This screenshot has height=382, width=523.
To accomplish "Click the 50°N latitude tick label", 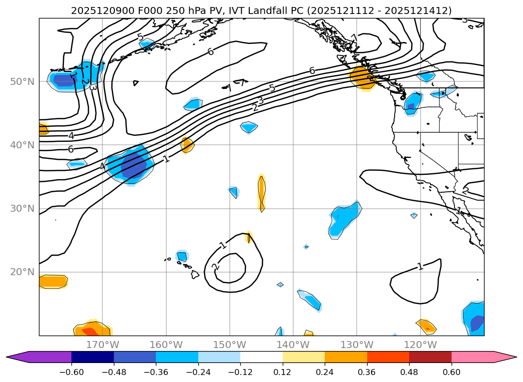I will (x=22, y=81).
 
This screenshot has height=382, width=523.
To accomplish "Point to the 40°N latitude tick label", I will (x=22, y=145).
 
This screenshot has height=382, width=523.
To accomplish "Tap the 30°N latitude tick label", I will (x=22, y=209).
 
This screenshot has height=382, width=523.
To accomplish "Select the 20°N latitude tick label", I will (x=22, y=272).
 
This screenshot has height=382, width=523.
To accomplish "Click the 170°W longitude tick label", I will (x=102, y=345).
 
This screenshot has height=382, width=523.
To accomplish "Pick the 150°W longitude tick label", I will (x=229, y=345).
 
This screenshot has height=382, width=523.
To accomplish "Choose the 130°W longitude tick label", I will (x=356, y=345).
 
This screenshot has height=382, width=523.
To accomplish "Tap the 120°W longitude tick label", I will (x=420, y=345).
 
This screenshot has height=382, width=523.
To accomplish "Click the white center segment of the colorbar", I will (x=261, y=357).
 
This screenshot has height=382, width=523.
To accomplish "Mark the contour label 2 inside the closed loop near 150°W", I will (x=215, y=267).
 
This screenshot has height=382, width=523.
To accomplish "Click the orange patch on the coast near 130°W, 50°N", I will (x=362, y=77).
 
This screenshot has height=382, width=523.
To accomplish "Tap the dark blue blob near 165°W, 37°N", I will (x=133, y=165).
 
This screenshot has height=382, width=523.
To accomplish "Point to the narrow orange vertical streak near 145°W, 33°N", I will (x=261, y=192).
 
